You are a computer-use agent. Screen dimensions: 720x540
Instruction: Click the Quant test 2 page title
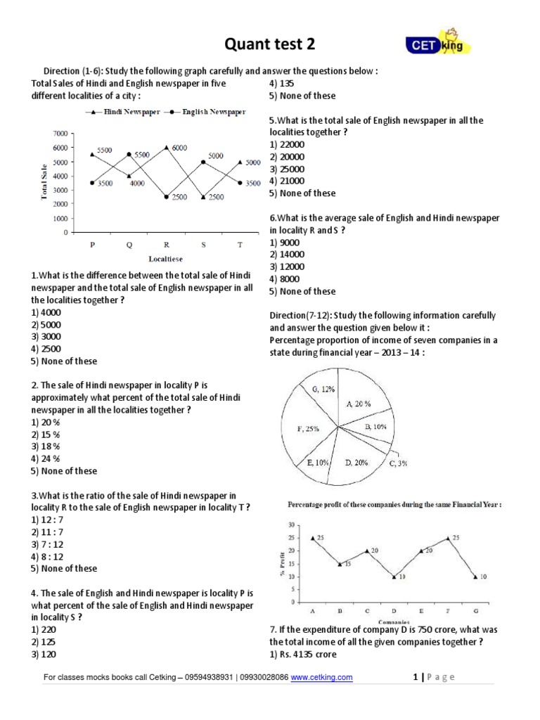click(x=269, y=44)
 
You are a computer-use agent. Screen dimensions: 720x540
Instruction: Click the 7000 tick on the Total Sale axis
click(x=59, y=134)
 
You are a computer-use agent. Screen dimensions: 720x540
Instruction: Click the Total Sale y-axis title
click(x=44, y=182)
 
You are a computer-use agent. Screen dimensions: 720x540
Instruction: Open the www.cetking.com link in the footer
click(x=321, y=678)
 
